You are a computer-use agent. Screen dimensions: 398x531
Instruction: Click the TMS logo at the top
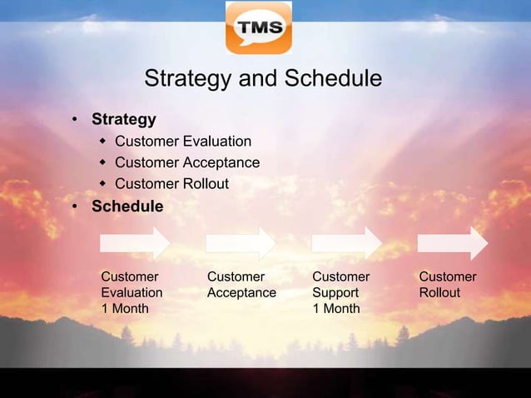[259, 27]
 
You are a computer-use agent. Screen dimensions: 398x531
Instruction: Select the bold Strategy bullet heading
[123, 119]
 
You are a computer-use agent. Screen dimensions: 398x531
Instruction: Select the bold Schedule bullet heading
[127, 206]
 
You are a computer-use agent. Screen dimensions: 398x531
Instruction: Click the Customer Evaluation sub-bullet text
[182, 141]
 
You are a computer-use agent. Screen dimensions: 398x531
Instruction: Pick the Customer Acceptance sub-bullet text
[186, 162]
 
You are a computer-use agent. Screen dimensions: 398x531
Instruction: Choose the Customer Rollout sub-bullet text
[171, 184]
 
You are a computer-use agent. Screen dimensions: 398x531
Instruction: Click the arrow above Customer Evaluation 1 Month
[136, 243]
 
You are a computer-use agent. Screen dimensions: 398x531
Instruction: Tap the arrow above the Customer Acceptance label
[241, 243]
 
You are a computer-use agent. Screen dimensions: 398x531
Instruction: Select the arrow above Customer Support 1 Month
[347, 243]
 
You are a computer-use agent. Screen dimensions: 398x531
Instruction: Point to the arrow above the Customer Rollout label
[453, 243]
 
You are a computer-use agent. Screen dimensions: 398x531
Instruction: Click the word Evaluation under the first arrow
[132, 293]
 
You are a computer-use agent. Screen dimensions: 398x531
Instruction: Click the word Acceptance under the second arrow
[241, 293]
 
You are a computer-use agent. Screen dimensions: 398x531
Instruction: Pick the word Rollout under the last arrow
[439, 293]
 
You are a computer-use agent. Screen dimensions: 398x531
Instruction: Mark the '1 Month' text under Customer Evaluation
[125, 309]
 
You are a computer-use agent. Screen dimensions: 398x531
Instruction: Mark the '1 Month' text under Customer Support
[336, 309]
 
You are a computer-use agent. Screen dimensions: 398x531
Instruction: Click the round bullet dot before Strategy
[75, 120]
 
